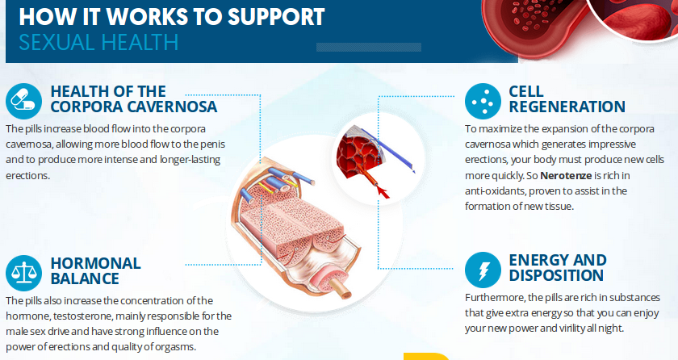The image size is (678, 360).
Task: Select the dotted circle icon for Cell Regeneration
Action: click(483, 101)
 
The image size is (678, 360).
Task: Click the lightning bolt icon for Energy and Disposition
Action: click(483, 269)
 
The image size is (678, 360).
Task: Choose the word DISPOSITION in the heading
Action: click(558, 275)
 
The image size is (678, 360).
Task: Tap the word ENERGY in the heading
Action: click(539, 260)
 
